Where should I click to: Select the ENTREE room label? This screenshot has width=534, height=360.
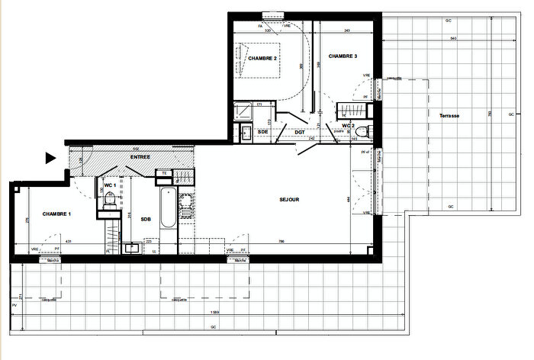point(140,157)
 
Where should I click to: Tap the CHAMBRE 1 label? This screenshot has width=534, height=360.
point(56,214)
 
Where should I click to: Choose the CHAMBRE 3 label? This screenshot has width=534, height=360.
point(343,56)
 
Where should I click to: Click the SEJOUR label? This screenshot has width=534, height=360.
point(288,201)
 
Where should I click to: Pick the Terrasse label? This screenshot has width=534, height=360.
point(449,115)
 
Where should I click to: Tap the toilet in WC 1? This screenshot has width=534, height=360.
point(110,200)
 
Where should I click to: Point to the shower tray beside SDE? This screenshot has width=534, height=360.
point(243,111)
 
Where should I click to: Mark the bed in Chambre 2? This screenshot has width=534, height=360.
point(263,61)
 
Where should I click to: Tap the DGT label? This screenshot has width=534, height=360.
point(300,132)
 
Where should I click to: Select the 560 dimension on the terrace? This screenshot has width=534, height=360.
point(453,37)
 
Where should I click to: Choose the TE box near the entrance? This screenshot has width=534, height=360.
point(163,173)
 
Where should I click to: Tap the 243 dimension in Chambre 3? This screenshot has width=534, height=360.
point(347,31)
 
